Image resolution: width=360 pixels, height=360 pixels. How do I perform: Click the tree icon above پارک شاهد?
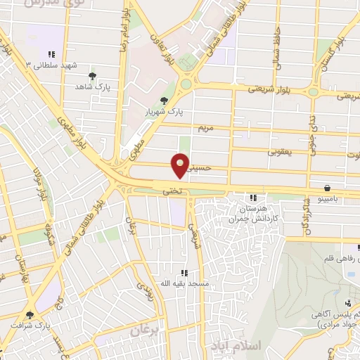coord(92,76)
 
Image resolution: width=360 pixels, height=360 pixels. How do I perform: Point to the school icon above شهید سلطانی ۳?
coord(51,53)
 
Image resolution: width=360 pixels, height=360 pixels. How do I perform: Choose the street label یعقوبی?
coord(281,151)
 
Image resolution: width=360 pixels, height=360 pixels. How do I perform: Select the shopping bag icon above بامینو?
coord(328,188)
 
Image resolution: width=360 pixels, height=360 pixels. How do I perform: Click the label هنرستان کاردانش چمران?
coord(252,214)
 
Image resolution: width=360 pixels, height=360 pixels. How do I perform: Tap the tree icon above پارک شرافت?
coord(30,315)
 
